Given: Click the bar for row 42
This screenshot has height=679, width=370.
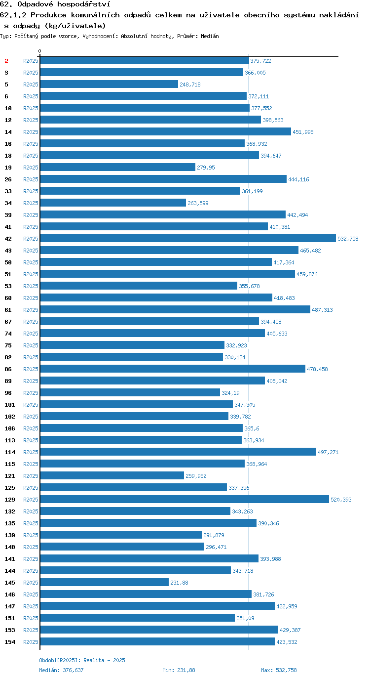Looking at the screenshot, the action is click(188, 238).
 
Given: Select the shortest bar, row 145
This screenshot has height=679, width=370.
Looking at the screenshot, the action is click(105, 582).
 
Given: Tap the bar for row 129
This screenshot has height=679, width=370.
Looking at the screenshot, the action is click(185, 499).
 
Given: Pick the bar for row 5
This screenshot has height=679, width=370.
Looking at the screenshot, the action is click(109, 84).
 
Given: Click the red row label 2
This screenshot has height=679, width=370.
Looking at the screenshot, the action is click(6, 61).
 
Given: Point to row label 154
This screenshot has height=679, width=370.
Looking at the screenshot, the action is click(10, 642).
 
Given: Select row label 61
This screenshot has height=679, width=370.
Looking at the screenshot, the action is click(8, 310).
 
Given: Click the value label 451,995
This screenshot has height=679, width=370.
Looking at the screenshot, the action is click(303, 132).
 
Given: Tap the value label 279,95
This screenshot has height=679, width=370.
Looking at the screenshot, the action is click(206, 168).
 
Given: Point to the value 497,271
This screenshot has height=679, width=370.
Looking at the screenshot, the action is click(328, 452).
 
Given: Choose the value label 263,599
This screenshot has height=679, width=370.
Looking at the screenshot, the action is click(198, 203).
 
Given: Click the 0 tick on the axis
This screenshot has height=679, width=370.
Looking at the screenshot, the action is click(39, 51).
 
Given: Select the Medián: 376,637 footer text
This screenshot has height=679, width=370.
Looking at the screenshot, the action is click(61, 670).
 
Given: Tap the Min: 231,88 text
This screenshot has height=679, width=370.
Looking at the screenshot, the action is click(179, 670).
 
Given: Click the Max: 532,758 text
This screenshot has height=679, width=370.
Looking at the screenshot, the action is click(279, 670).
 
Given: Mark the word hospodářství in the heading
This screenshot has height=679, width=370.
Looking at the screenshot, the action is click(83, 4).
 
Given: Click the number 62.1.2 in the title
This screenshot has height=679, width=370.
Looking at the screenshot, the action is click(13, 15).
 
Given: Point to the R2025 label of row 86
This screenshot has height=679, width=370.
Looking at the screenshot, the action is click(31, 369).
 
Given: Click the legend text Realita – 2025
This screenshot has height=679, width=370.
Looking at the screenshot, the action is click(104, 660).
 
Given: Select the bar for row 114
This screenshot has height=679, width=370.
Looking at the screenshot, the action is click(178, 452).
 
